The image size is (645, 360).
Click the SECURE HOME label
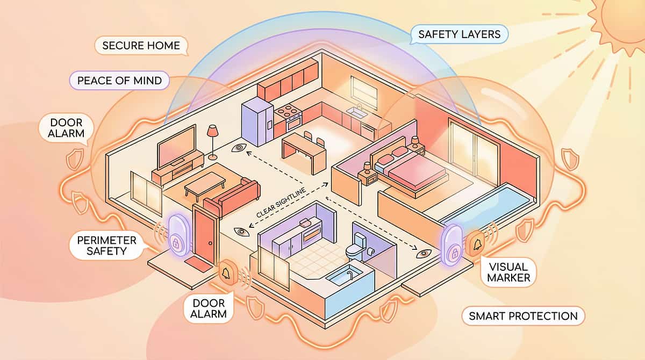point(141,46)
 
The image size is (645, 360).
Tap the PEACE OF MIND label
point(119,81)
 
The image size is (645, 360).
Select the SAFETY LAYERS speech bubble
point(459,34)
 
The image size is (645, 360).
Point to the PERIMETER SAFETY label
point(107,246)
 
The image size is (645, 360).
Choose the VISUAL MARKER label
point(508,272)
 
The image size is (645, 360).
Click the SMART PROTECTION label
point(523,316)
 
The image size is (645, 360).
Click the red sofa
point(232,197)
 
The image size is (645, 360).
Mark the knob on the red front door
point(211,243)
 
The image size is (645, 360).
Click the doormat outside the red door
point(198,265)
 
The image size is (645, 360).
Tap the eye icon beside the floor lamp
point(239,148)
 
